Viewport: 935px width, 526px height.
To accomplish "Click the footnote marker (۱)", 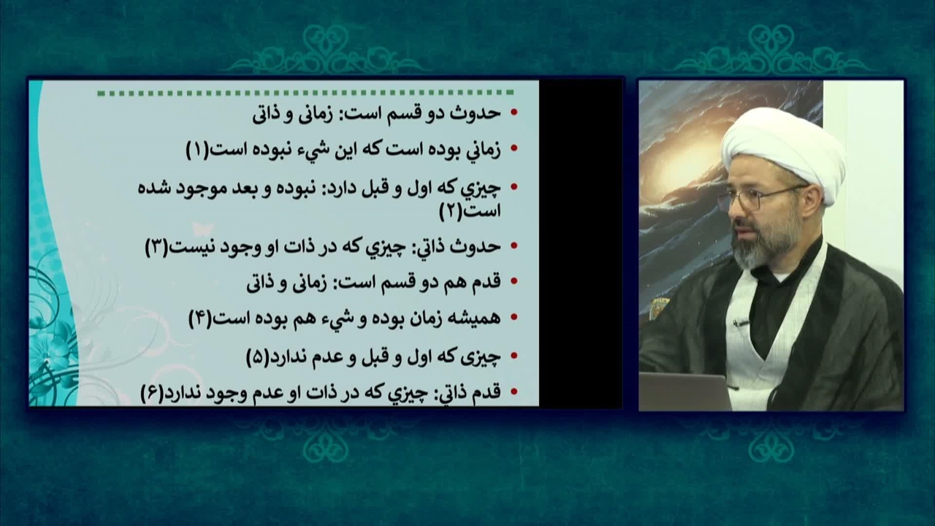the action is pos(197,150).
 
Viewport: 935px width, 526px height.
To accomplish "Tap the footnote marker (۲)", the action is pos(451,213).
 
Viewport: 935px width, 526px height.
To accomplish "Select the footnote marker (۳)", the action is pos(156,248).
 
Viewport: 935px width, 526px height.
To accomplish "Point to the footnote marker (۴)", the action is pos(200,320).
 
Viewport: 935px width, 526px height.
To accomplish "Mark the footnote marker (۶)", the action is pos(153,394).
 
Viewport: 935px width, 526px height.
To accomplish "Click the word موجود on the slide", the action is pos(193,188).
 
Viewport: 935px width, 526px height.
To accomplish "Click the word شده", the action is pos(150,188).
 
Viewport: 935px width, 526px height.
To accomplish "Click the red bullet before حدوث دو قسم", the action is pos(514,112).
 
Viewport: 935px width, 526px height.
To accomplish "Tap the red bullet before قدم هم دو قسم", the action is pos(514,281).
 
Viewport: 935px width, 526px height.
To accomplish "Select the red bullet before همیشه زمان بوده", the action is pos(514,318).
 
